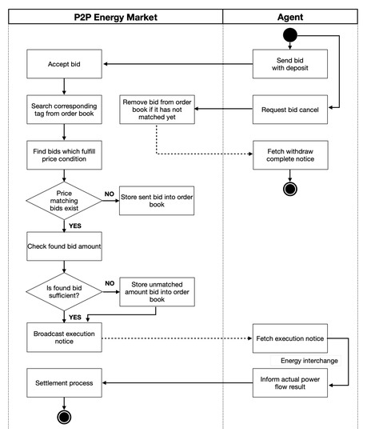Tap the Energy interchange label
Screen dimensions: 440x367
309,361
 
